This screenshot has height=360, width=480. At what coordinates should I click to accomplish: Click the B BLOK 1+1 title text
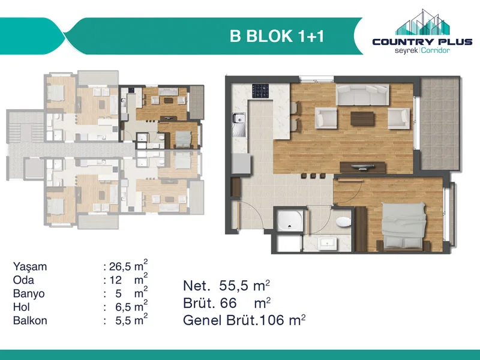point(277,36)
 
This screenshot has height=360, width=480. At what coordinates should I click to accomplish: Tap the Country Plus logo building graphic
point(422,22)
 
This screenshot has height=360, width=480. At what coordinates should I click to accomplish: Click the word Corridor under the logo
point(436,50)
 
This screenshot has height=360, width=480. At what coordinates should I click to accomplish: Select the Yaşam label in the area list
point(30,267)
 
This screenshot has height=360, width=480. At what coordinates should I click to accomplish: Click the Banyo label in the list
point(29,293)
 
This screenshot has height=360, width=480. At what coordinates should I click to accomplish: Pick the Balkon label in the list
point(30,320)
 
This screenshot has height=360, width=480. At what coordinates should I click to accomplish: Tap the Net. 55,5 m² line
point(227,286)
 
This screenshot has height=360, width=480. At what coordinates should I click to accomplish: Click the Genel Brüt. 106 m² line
point(244,320)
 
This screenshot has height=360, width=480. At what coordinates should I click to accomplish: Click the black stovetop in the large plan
point(260,91)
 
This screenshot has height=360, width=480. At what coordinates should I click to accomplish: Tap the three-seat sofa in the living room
point(362,95)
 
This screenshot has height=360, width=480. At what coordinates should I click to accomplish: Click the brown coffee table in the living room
point(362,119)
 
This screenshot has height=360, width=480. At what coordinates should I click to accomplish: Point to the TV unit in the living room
point(363,167)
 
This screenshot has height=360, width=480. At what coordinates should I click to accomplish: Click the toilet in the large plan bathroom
point(343,222)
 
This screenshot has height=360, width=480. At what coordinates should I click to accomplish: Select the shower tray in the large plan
point(289,220)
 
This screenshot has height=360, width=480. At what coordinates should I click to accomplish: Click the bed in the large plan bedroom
point(403,226)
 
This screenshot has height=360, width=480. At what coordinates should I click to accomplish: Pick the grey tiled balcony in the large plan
point(440,124)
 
